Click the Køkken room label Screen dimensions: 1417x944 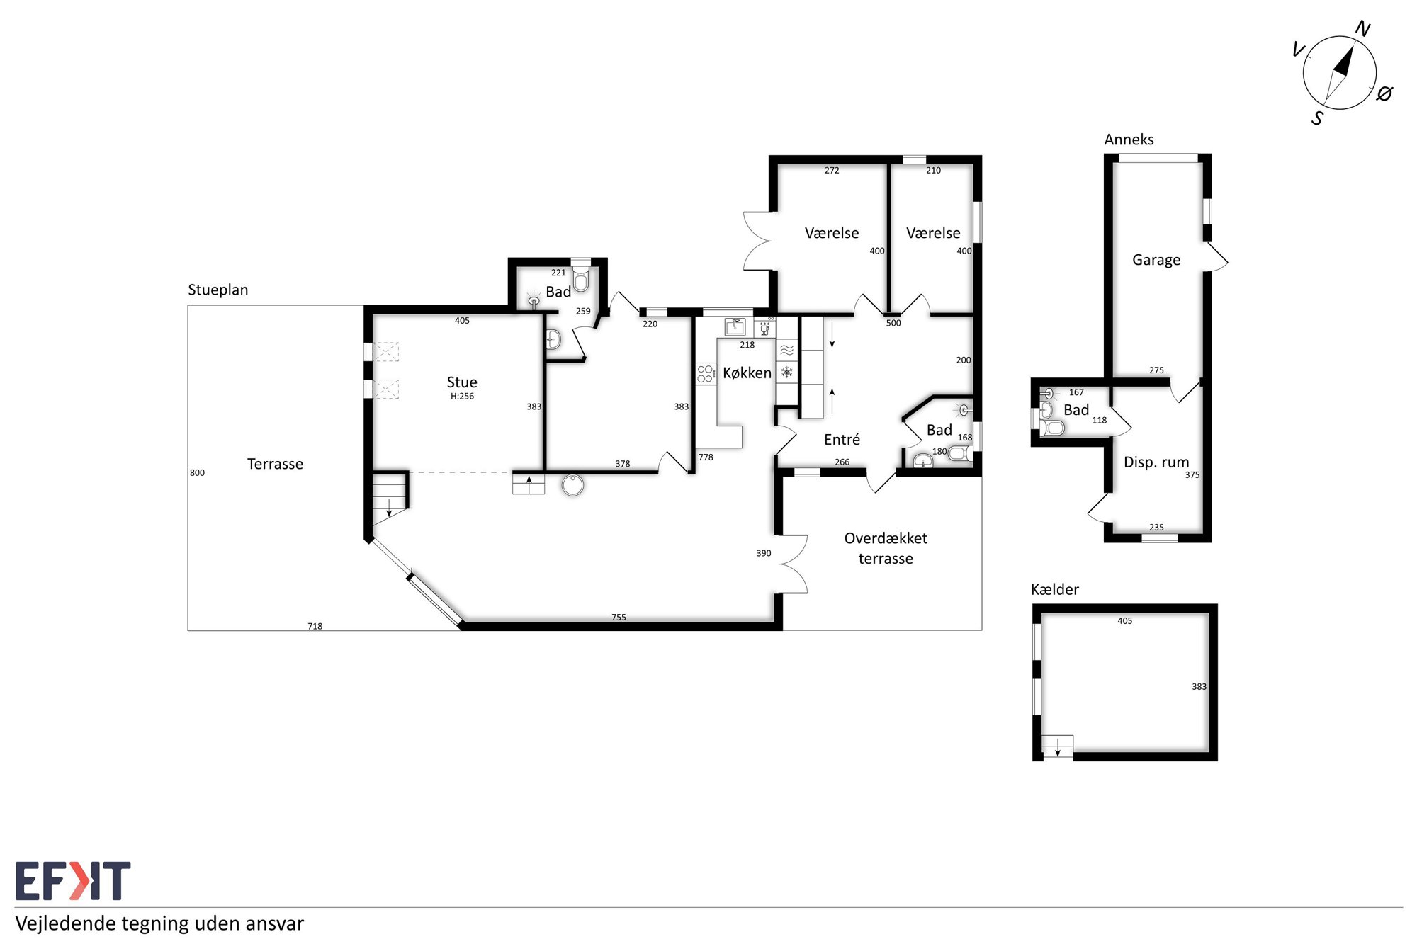click(x=747, y=373)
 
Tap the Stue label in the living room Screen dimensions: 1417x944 click(x=462, y=382)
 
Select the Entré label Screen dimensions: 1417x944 click(x=842, y=440)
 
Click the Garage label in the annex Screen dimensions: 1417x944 click(x=1156, y=260)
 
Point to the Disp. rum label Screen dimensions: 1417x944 click(x=1156, y=462)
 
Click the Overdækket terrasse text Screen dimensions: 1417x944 click(x=886, y=548)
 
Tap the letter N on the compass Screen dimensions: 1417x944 click(x=1362, y=29)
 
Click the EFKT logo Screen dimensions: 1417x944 click(x=73, y=880)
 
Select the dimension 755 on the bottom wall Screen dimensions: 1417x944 click(x=619, y=617)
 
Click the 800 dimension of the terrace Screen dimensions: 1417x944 click(x=197, y=472)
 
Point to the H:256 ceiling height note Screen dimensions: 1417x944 click(x=462, y=396)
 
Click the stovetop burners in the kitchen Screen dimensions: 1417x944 click(x=706, y=373)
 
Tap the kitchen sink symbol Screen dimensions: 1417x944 click(x=735, y=326)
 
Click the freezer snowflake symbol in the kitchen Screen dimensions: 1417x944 click(x=786, y=372)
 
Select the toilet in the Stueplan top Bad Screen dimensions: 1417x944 click(x=581, y=278)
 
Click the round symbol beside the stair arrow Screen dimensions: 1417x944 click(x=572, y=485)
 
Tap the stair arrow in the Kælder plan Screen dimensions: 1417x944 click(x=1058, y=747)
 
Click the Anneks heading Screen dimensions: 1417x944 click(x=1129, y=140)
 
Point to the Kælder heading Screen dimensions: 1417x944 click(x=1055, y=589)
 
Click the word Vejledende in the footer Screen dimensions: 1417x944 click(x=66, y=923)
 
